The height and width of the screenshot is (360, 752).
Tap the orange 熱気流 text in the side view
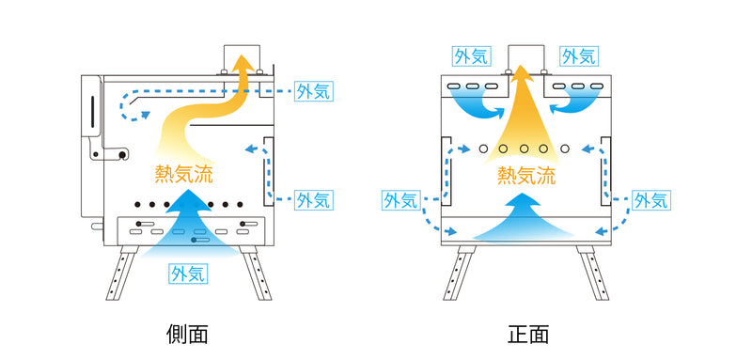pyautogui.click(x=186, y=174)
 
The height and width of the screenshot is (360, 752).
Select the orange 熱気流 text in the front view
pyautogui.click(x=526, y=175)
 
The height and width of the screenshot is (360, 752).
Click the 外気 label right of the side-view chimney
pyautogui.click(x=313, y=92)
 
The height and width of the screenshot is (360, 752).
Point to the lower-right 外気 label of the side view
pyautogui.click(x=313, y=199)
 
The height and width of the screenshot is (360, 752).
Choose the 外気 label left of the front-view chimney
pyautogui.click(x=469, y=55)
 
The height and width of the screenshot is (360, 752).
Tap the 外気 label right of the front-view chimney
pyautogui.click(x=578, y=55)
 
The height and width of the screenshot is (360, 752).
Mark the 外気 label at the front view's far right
pyautogui.click(x=650, y=199)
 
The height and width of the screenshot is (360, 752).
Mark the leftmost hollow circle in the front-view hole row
pyautogui.click(x=483, y=149)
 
